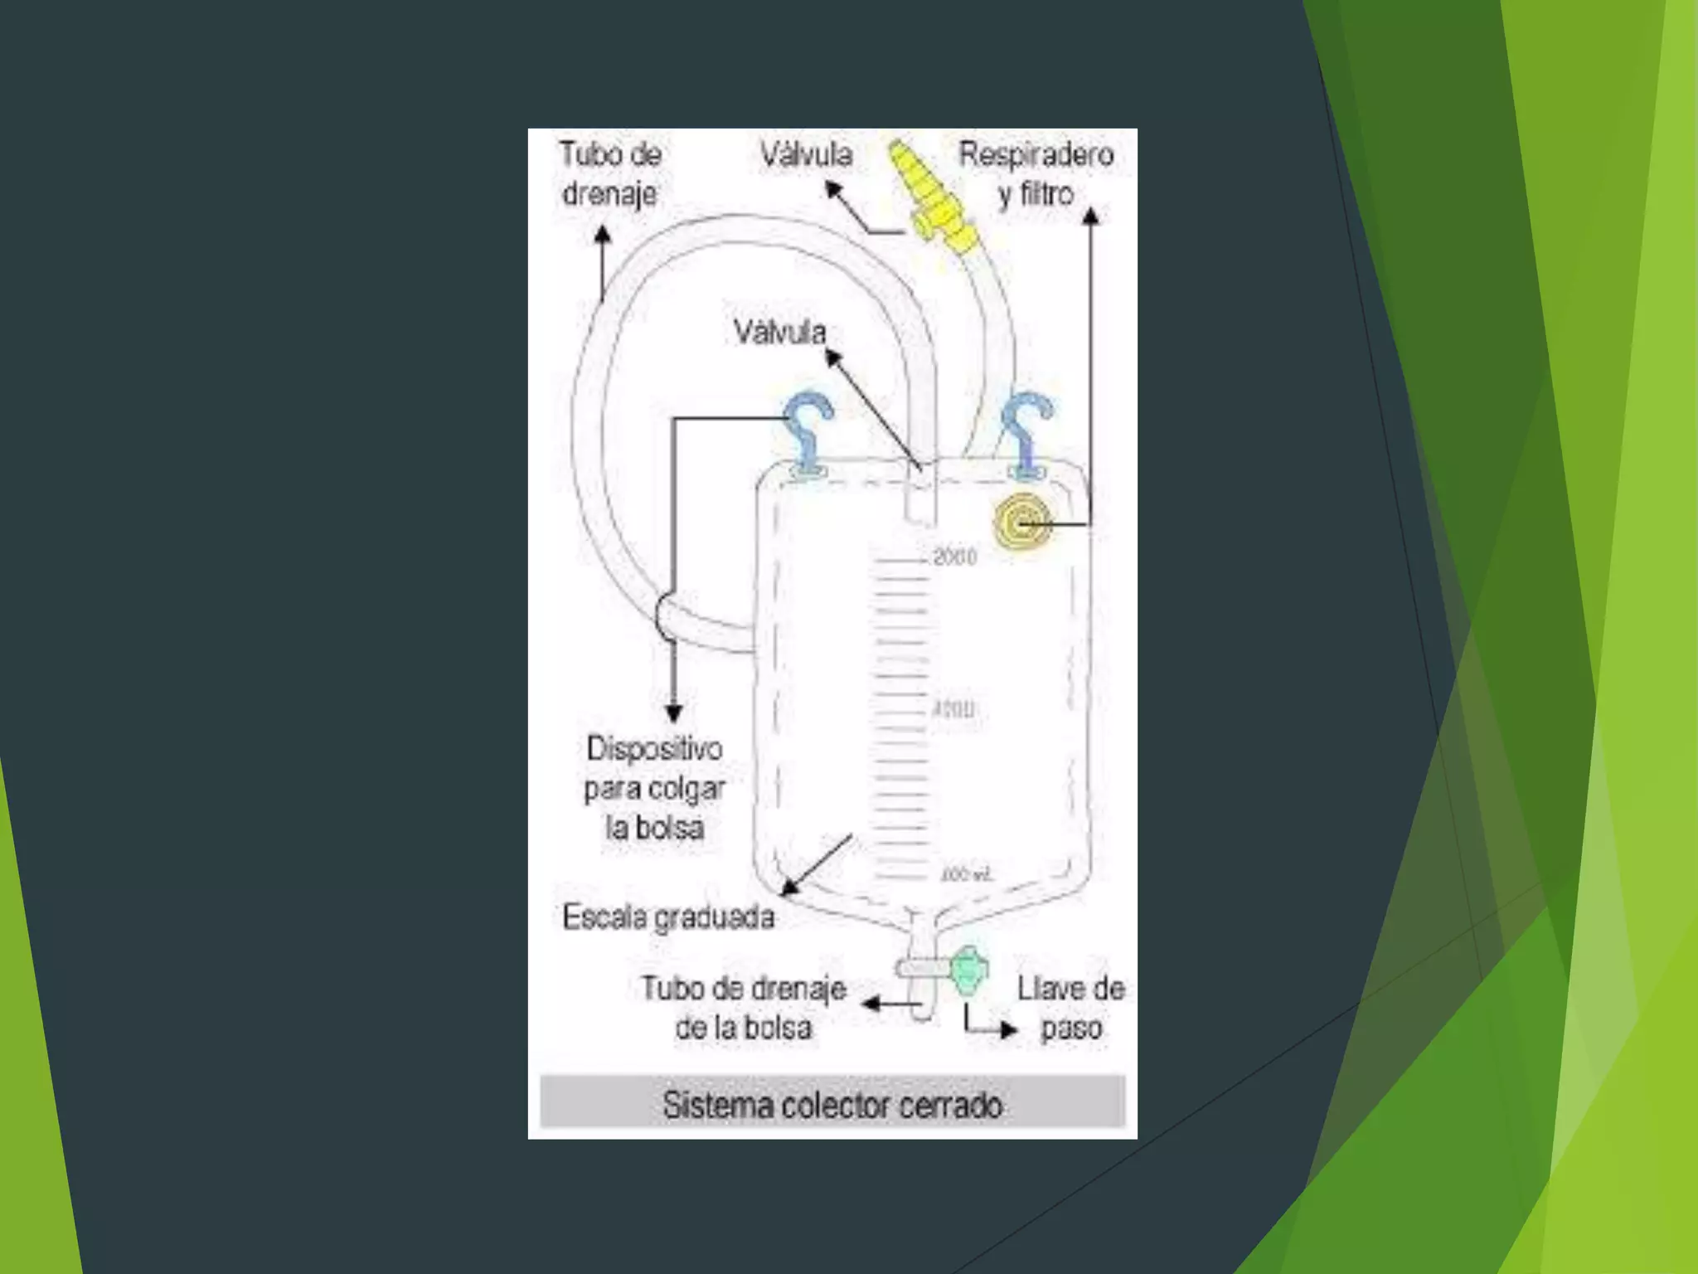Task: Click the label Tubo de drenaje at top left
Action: [611, 173]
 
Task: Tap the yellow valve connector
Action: [929, 195]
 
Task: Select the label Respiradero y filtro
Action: [1036, 173]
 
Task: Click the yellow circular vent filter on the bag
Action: [1023, 523]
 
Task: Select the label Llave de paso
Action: [1070, 1008]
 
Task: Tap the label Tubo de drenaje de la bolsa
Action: [743, 1008]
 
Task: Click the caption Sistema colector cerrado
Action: [832, 1105]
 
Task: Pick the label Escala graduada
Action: [668, 917]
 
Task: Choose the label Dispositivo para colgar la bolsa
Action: [654, 788]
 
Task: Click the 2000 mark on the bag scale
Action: [954, 557]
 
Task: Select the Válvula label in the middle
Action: [779, 333]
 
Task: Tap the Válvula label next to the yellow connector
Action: [806, 154]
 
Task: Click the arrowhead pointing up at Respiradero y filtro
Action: [1091, 217]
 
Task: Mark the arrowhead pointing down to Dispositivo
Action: [674, 713]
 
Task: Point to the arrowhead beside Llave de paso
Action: [1008, 1030]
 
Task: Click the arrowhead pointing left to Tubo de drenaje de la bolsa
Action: [871, 1004]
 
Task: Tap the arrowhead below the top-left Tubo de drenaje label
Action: [604, 235]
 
